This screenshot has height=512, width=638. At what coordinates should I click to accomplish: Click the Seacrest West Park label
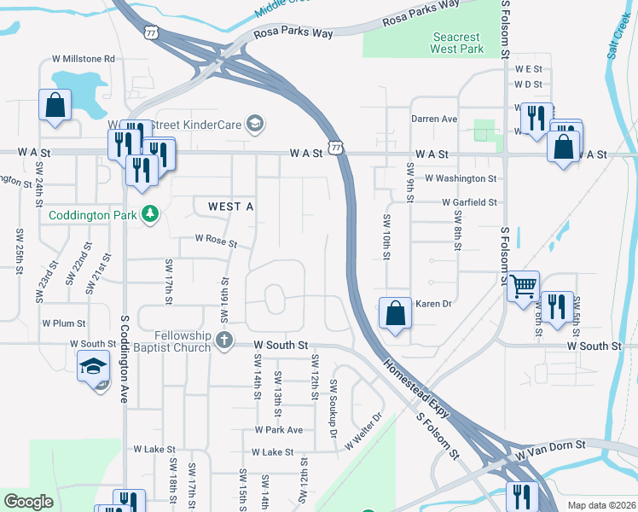coord(457,43)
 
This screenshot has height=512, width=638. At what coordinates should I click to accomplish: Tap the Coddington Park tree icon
coord(151,213)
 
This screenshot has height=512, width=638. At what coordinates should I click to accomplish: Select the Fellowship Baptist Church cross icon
coord(224,340)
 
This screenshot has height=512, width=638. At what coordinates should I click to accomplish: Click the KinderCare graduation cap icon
coord(253,125)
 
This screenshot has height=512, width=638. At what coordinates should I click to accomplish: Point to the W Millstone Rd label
coord(83,59)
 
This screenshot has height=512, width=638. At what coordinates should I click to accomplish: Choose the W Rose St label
coord(216,241)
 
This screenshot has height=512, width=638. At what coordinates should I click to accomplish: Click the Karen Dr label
coord(432,304)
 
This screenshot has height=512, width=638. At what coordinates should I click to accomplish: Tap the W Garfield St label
coord(469,202)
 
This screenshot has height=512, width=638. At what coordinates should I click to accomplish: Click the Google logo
coord(28,502)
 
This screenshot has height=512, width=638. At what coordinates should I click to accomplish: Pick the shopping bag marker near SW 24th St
coord(55,106)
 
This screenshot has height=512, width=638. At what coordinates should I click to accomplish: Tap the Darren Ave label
coord(434,119)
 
